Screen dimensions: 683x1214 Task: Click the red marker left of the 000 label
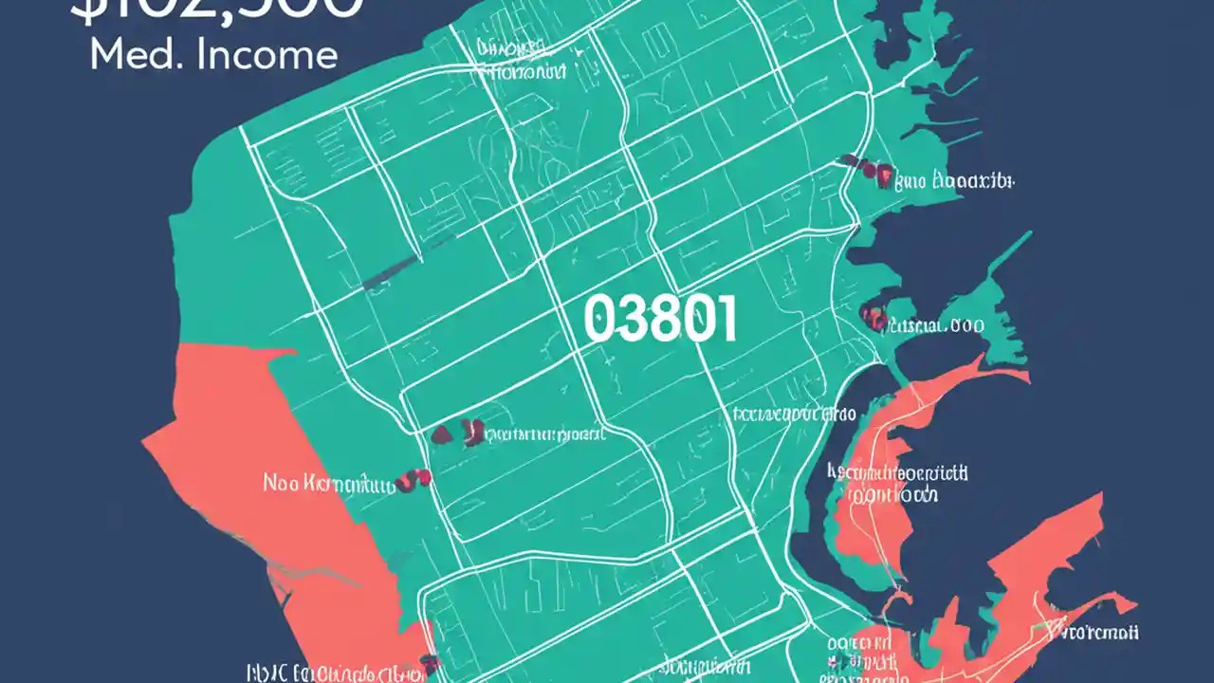873,317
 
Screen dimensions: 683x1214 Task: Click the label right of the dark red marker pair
544,434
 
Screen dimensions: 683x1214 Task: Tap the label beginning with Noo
327,485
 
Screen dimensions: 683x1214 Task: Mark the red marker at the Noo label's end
414,480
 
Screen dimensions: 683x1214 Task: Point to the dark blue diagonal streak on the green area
391,270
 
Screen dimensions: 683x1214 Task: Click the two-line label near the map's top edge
517,59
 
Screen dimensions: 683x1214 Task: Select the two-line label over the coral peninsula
897,482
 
